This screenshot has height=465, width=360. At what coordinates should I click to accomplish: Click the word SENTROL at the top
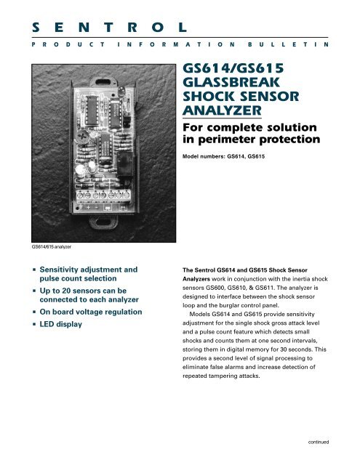107,28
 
